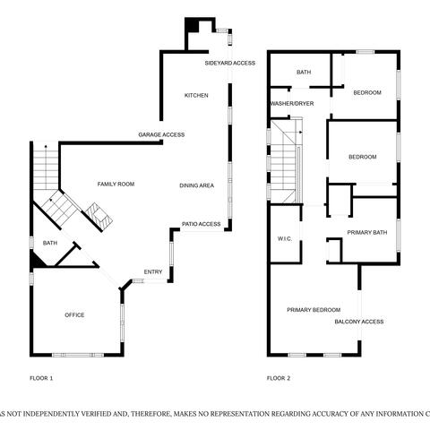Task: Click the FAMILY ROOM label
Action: [x=116, y=184]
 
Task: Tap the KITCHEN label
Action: [x=196, y=96]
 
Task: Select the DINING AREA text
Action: [x=197, y=185]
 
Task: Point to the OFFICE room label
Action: [x=74, y=315]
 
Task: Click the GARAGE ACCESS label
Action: [x=161, y=135]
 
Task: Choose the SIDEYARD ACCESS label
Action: [x=230, y=63]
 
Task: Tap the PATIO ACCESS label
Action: [x=202, y=224]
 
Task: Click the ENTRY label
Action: [x=153, y=272]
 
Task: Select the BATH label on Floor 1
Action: [x=50, y=243]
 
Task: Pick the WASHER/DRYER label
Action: [x=292, y=104]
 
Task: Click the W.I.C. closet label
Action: [x=285, y=239]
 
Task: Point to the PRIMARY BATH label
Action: [x=367, y=232]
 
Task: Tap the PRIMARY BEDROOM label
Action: [x=314, y=310]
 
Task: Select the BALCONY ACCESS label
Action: [x=359, y=322]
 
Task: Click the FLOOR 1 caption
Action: [x=41, y=378]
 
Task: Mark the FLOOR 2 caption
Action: [x=279, y=378]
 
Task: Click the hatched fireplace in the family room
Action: [x=99, y=215]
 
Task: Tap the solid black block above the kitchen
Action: [x=192, y=25]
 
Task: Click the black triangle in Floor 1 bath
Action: [x=38, y=259]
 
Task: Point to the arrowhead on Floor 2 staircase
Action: [x=301, y=132]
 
